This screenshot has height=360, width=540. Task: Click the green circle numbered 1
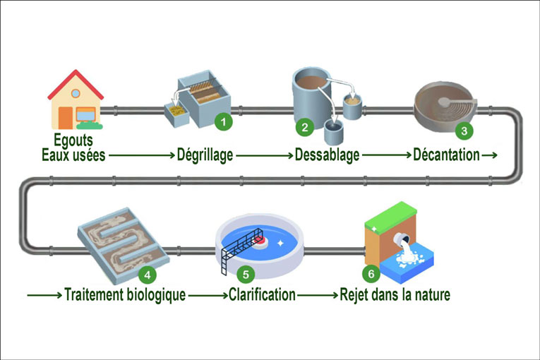(223, 121)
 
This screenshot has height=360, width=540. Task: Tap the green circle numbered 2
(305, 127)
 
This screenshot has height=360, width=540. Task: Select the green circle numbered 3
(463, 131)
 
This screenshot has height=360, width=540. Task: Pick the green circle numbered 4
(146, 273)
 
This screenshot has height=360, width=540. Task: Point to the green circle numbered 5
(245, 273)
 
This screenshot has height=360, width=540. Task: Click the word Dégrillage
(205, 155)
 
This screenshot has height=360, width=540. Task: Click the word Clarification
(262, 295)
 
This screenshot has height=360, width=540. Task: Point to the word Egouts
(73, 141)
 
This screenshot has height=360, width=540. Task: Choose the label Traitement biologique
(125, 295)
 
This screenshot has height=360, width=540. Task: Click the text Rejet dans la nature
(395, 295)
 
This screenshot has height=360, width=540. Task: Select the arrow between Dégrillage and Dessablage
(263, 155)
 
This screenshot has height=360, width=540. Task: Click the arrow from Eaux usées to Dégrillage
(142, 155)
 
